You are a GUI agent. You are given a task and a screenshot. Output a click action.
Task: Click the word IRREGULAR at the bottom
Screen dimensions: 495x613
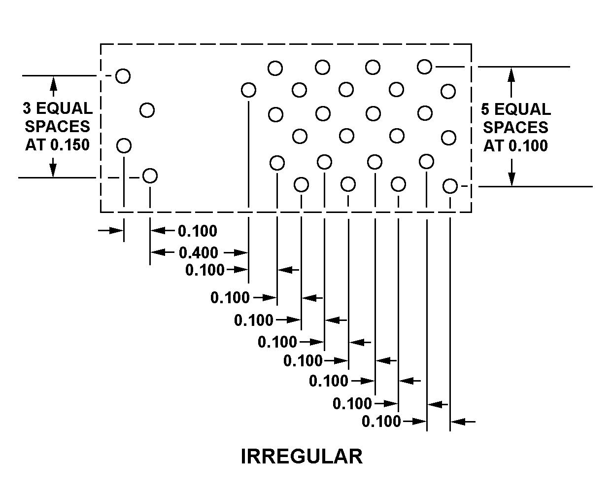point(302,457)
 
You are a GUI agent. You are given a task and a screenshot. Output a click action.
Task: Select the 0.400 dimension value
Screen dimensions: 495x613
point(198,253)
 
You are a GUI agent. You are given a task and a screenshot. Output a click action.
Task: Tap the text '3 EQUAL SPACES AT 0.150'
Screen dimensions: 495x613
point(57,127)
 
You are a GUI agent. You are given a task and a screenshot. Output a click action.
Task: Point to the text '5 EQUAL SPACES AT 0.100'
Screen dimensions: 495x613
point(515,128)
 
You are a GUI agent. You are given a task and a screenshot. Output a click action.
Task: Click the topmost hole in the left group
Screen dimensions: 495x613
point(123,76)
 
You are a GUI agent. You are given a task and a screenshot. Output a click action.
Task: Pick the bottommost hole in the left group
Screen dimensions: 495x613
point(150,176)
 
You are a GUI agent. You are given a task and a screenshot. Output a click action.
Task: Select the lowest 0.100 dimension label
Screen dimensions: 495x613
point(381,422)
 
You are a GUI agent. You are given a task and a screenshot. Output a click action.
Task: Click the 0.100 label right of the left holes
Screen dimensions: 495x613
point(197,231)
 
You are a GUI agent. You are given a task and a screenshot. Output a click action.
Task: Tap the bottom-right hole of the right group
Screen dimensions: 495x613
point(449,186)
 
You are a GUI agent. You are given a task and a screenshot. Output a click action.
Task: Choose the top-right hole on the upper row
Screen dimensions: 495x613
point(424,66)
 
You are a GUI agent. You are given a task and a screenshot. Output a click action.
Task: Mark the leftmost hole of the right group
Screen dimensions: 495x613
point(248,90)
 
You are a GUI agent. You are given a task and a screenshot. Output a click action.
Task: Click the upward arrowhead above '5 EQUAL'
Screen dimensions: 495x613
point(511,73)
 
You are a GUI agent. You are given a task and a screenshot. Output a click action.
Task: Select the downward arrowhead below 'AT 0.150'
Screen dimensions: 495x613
point(54,170)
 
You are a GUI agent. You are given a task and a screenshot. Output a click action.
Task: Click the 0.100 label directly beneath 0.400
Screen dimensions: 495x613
point(204,270)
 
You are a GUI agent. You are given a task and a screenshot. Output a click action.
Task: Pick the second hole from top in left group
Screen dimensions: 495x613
point(147,109)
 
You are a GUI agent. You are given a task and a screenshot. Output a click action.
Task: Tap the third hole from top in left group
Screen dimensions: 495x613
point(124,145)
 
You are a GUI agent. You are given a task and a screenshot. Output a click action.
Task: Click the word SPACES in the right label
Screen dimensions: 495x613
point(515,128)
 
